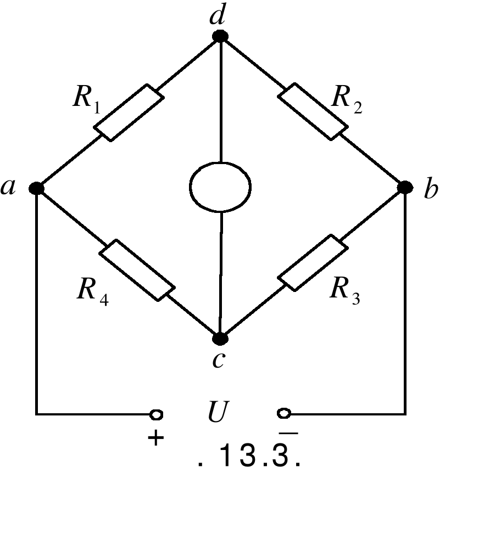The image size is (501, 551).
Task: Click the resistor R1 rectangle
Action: coord(129,113)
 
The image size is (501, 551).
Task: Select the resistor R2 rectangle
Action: coord(312,111)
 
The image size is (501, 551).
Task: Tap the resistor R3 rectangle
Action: coord(313,262)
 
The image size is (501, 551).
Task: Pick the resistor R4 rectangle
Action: coord(137,269)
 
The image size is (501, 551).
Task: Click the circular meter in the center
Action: coord(220,186)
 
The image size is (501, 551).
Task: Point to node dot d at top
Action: coord(220,36)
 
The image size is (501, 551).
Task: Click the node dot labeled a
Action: coord(37,188)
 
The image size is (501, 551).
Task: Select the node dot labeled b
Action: coord(405,188)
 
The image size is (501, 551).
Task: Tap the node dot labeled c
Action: coord(220,338)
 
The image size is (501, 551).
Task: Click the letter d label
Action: coord(218,16)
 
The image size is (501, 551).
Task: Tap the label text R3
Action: coord(344,290)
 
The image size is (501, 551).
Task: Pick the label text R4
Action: coord(92,290)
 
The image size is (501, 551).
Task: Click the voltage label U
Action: coord(218,413)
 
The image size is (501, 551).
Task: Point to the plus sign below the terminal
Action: coord(156,438)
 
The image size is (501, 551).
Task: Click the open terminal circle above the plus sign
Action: coord(157,414)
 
